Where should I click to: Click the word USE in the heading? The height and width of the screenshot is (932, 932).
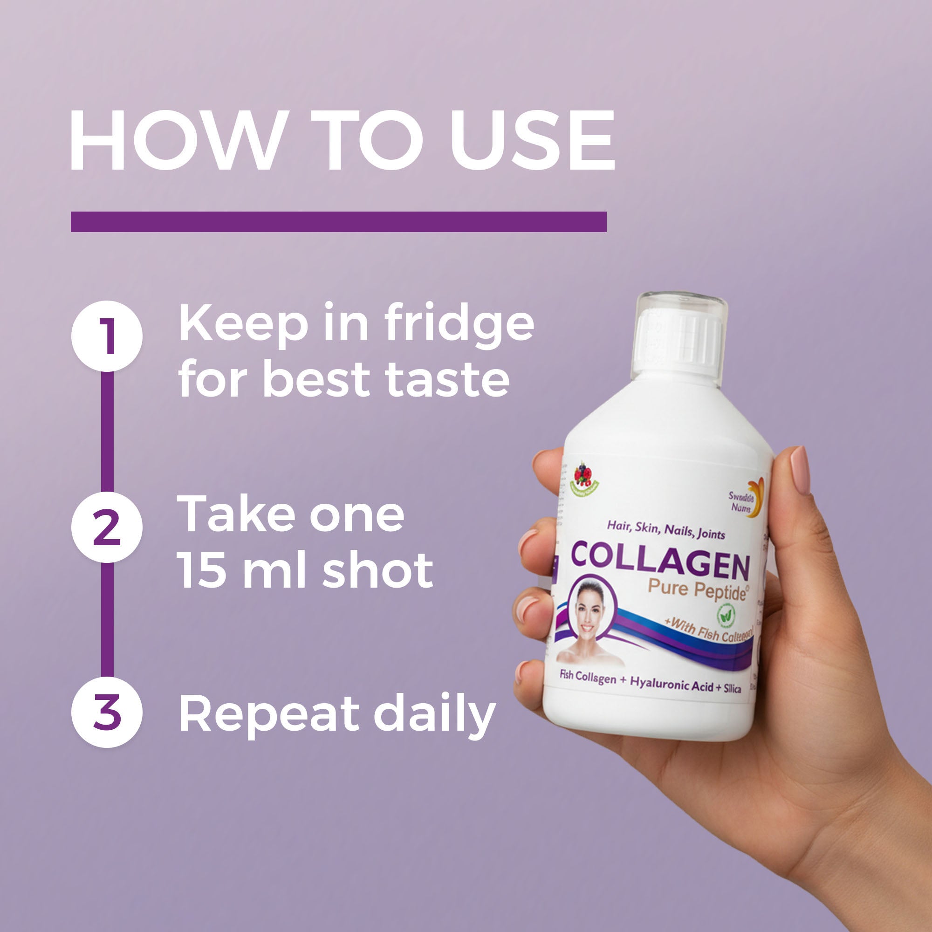532,140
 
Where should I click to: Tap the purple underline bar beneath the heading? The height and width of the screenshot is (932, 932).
338,221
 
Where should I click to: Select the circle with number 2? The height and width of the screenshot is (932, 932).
107,527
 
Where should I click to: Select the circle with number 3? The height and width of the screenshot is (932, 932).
107,712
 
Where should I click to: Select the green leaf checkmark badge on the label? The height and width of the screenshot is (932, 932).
726,614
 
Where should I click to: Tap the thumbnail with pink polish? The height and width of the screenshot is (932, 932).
800,470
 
